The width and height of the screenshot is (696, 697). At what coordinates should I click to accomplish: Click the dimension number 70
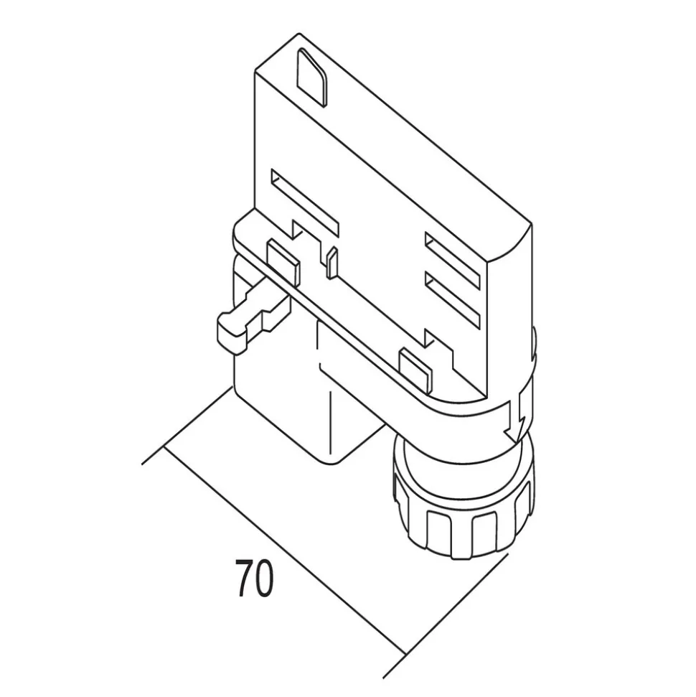pos(254,578)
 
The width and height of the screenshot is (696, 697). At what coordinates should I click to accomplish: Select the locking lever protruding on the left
pos(248,320)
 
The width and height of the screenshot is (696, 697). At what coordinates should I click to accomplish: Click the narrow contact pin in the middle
pos(331,263)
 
